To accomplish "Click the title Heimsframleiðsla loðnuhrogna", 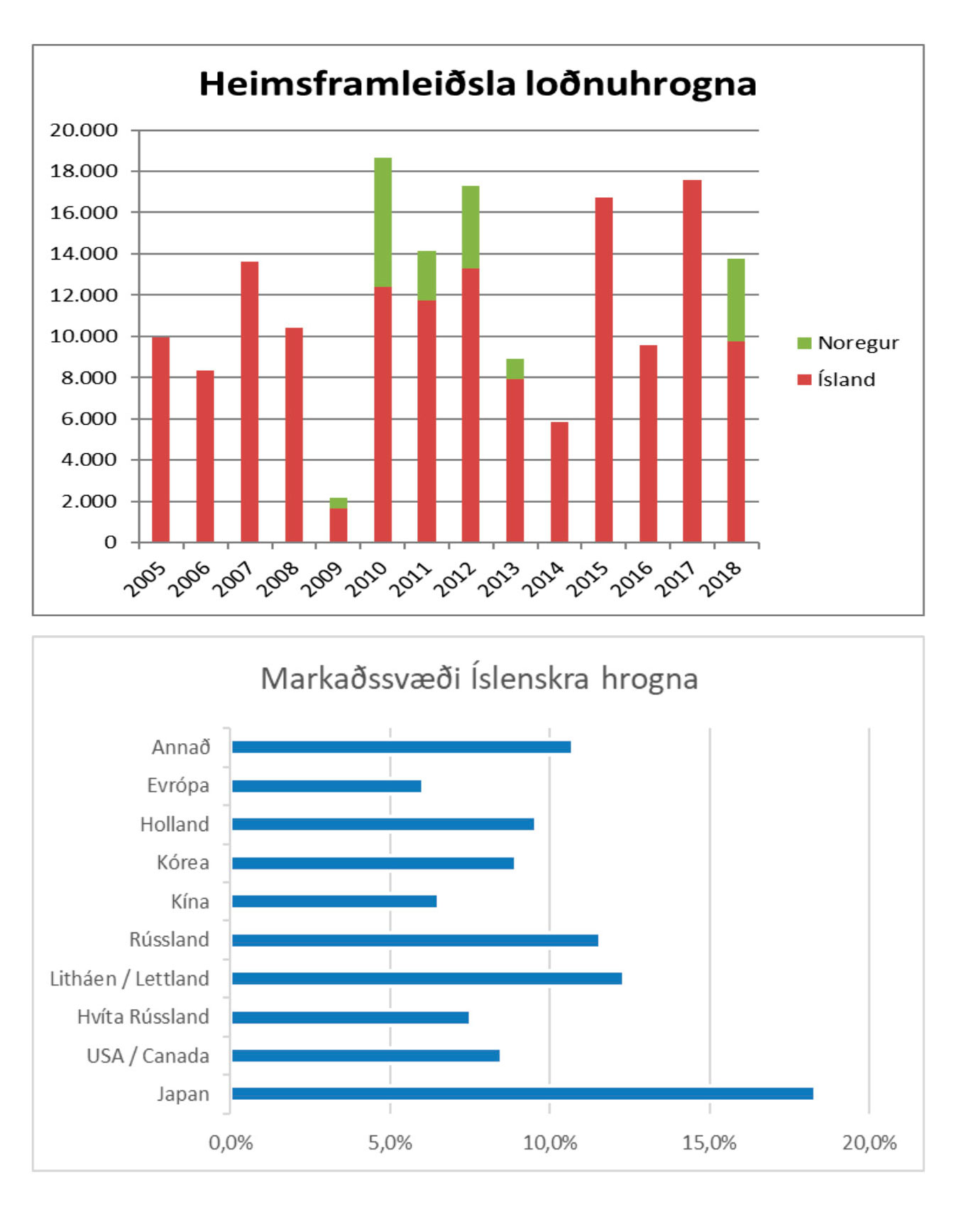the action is pyautogui.click(x=478, y=84).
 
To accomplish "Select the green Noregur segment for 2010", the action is pyautogui.click(x=382, y=222).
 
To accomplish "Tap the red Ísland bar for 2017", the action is pyautogui.click(x=692, y=361).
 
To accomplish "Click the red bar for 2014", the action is pyautogui.click(x=559, y=482).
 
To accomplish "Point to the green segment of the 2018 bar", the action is pyautogui.click(x=736, y=300).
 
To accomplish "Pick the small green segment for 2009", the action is pyautogui.click(x=338, y=503).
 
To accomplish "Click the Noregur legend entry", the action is pyautogui.click(x=848, y=343).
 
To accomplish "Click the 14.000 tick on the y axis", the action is pyautogui.click(x=84, y=253).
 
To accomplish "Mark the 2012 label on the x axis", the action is pyautogui.click(x=455, y=579).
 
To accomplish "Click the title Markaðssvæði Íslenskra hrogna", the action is pyautogui.click(x=479, y=679).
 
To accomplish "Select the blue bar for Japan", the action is pyautogui.click(x=522, y=1093).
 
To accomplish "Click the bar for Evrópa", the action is pyautogui.click(x=326, y=786).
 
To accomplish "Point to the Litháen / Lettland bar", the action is pyautogui.click(x=427, y=979).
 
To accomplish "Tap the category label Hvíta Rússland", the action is pyautogui.click(x=143, y=1017).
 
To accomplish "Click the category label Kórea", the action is pyautogui.click(x=183, y=862).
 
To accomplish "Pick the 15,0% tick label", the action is pyautogui.click(x=710, y=1142).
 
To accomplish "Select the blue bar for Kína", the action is pyautogui.click(x=334, y=901).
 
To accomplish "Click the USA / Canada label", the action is pyautogui.click(x=148, y=1056).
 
